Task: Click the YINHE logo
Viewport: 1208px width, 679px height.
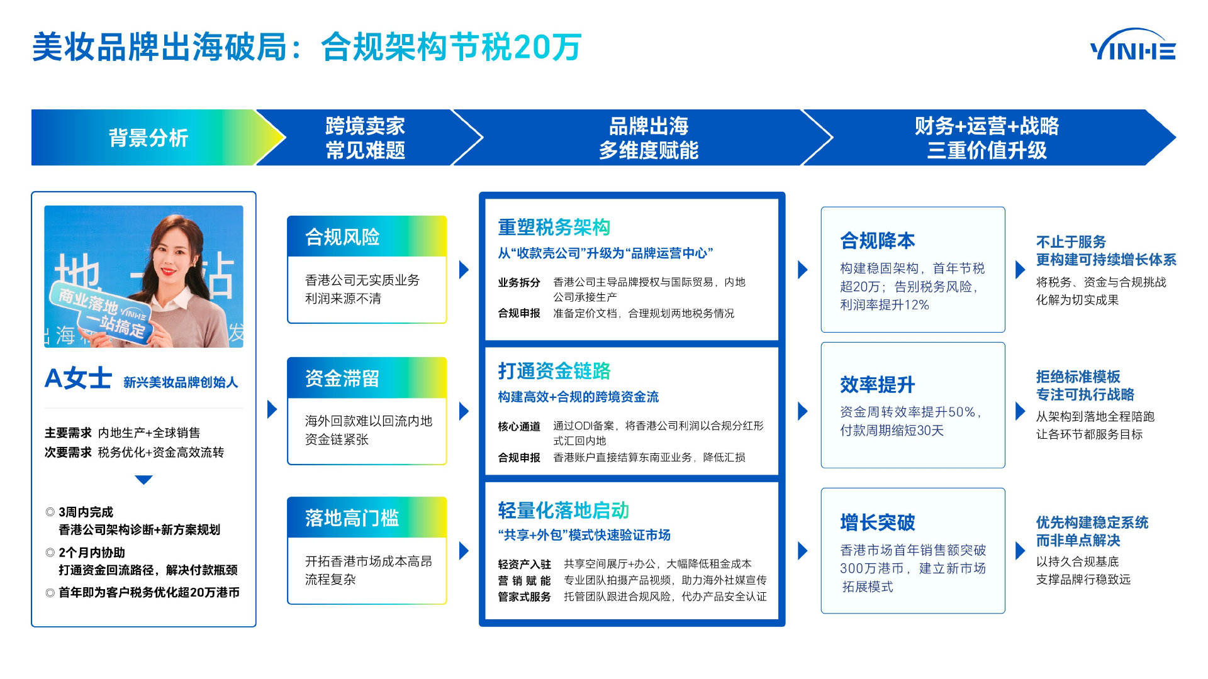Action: [x=1132, y=45]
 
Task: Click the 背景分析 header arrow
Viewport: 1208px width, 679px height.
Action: [x=148, y=138]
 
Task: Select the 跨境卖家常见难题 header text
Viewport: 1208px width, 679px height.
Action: [x=365, y=138]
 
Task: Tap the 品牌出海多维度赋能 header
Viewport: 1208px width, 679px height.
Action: [x=648, y=138]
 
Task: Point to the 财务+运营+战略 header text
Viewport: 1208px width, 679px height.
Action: [x=986, y=126]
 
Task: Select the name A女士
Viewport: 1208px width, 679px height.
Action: [x=78, y=378]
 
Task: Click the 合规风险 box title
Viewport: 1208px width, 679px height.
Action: [x=343, y=237]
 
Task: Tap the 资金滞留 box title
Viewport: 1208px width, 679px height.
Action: [x=343, y=378]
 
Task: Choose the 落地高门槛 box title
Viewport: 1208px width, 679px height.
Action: [x=352, y=518]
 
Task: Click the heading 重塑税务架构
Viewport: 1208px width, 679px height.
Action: [x=554, y=227]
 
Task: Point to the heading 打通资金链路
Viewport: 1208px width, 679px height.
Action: [x=554, y=371]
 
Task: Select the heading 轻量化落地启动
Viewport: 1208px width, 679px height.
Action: [x=563, y=511]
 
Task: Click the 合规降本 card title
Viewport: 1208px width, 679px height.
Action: [x=877, y=241]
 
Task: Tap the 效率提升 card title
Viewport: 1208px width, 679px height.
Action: [x=877, y=385]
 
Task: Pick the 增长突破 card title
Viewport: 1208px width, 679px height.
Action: [x=877, y=522]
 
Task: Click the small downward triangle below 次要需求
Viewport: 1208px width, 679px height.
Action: [x=143, y=480]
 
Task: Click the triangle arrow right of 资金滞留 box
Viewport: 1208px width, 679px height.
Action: [x=464, y=411]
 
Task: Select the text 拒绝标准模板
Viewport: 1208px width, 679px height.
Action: [x=1078, y=377]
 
